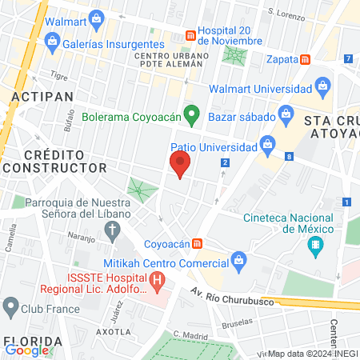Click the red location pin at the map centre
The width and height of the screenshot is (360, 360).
(180, 165)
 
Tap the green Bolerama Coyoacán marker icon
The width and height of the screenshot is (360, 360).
(190, 115)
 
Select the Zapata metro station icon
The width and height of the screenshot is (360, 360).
(306, 60)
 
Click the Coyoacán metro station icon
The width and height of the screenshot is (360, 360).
(197, 243)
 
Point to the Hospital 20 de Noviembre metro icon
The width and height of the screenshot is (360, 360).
(190, 35)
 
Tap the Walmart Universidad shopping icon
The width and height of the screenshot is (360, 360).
(323, 86)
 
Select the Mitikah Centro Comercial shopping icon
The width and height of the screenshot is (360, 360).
(238, 259)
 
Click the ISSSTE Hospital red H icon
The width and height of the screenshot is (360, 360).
(158, 281)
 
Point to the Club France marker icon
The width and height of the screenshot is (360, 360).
(11, 307)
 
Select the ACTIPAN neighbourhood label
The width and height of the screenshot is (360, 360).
(42, 96)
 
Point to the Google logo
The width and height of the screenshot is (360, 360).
(27, 350)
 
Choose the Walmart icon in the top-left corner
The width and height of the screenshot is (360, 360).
(97, 17)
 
